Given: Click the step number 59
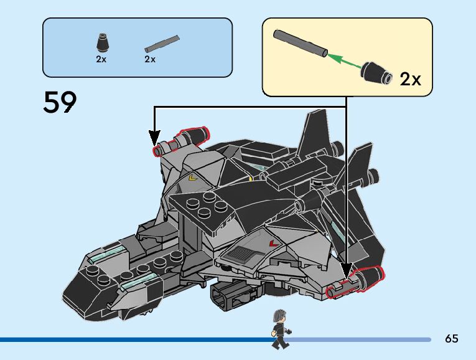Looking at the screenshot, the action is [x=60, y=103].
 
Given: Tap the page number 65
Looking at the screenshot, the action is [x=452, y=339].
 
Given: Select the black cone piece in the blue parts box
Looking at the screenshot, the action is [x=101, y=42].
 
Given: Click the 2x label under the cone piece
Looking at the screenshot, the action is [x=101, y=59].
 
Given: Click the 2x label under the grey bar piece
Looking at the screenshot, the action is [x=150, y=59].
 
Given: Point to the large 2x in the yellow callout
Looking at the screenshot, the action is [x=410, y=79].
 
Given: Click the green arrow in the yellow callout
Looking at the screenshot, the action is [x=344, y=62].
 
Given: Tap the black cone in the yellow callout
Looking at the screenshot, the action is [x=377, y=73].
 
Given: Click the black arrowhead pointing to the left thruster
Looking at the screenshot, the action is [x=154, y=136].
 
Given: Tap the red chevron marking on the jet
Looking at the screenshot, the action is [x=271, y=242].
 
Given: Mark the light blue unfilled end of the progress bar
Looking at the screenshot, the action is [x=361, y=339].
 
